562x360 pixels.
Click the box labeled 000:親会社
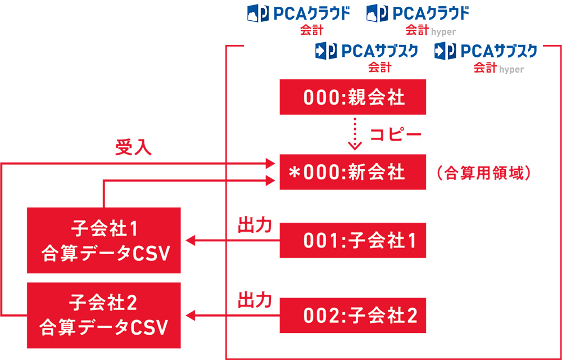[x=353, y=97]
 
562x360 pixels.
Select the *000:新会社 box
[x=353, y=172]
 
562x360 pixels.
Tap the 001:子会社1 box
[x=353, y=240]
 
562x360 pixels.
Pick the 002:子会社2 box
[x=353, y=316]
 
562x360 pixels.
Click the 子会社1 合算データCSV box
[x=104, y=240]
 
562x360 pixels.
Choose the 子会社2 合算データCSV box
[x=104, y=316]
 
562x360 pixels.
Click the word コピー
[x=396, y=136]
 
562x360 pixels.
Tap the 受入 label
[x=134, y=148]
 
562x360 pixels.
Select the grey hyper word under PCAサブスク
[x=511, y=70]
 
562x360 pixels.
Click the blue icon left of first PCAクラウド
[x=257, y=13]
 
